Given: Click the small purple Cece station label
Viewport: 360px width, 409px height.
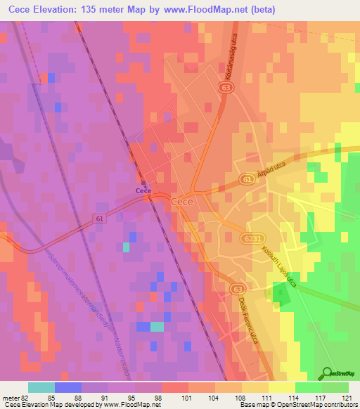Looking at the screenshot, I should [x=144, y=190].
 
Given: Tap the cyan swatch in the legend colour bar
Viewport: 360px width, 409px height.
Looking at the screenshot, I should [x=41, y=387].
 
